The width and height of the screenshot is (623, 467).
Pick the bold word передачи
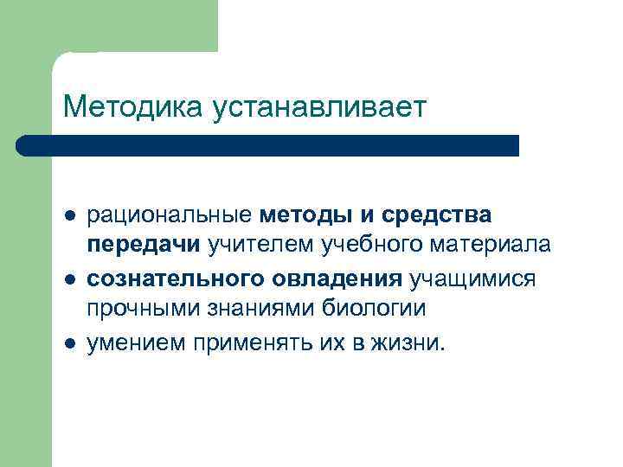tap(142, 245)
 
